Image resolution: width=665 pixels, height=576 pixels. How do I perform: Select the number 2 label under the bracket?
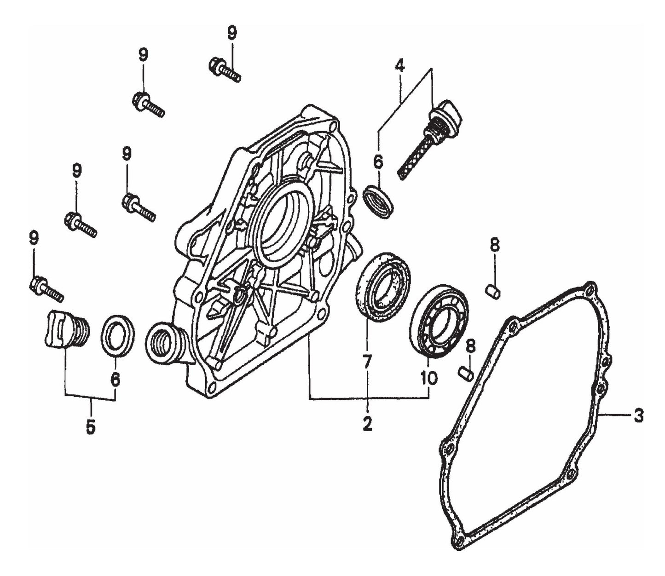pos(367,423)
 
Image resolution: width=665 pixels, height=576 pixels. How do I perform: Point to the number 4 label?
pos(399,66)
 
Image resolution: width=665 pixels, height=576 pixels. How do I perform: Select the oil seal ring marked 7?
pos(383,287)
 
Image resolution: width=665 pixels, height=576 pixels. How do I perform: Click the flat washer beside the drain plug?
pos(118,335)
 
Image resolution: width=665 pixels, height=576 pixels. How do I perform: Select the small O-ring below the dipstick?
pos(378,201)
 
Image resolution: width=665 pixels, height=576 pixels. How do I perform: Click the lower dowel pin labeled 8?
pos(467,373)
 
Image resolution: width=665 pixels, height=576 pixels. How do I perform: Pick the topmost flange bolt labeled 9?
pos(224,69)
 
